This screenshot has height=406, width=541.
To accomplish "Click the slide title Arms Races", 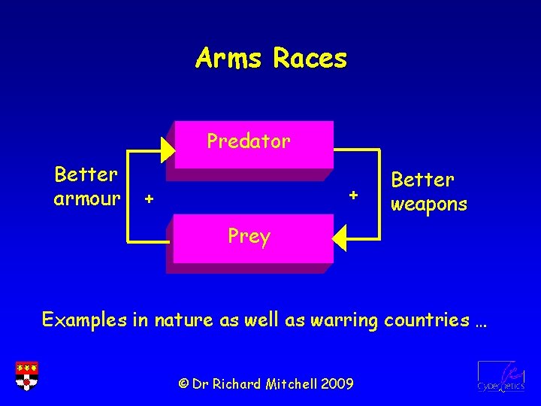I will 270,58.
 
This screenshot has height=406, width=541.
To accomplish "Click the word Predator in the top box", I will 249,141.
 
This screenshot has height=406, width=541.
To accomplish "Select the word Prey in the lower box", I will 249,236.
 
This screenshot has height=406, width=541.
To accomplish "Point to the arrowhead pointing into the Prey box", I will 340,238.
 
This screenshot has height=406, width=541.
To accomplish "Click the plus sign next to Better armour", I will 149,199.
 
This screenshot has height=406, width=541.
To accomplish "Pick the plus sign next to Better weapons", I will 353,195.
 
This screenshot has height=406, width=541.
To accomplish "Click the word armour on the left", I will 86,199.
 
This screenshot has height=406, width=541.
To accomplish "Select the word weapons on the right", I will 429,204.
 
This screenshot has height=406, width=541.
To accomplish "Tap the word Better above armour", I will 86,175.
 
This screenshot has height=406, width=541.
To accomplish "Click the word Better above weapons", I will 423,180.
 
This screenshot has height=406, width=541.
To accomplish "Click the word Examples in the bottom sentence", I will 84,320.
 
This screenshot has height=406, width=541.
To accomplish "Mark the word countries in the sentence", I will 426,320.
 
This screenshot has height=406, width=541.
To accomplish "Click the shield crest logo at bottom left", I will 27,375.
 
